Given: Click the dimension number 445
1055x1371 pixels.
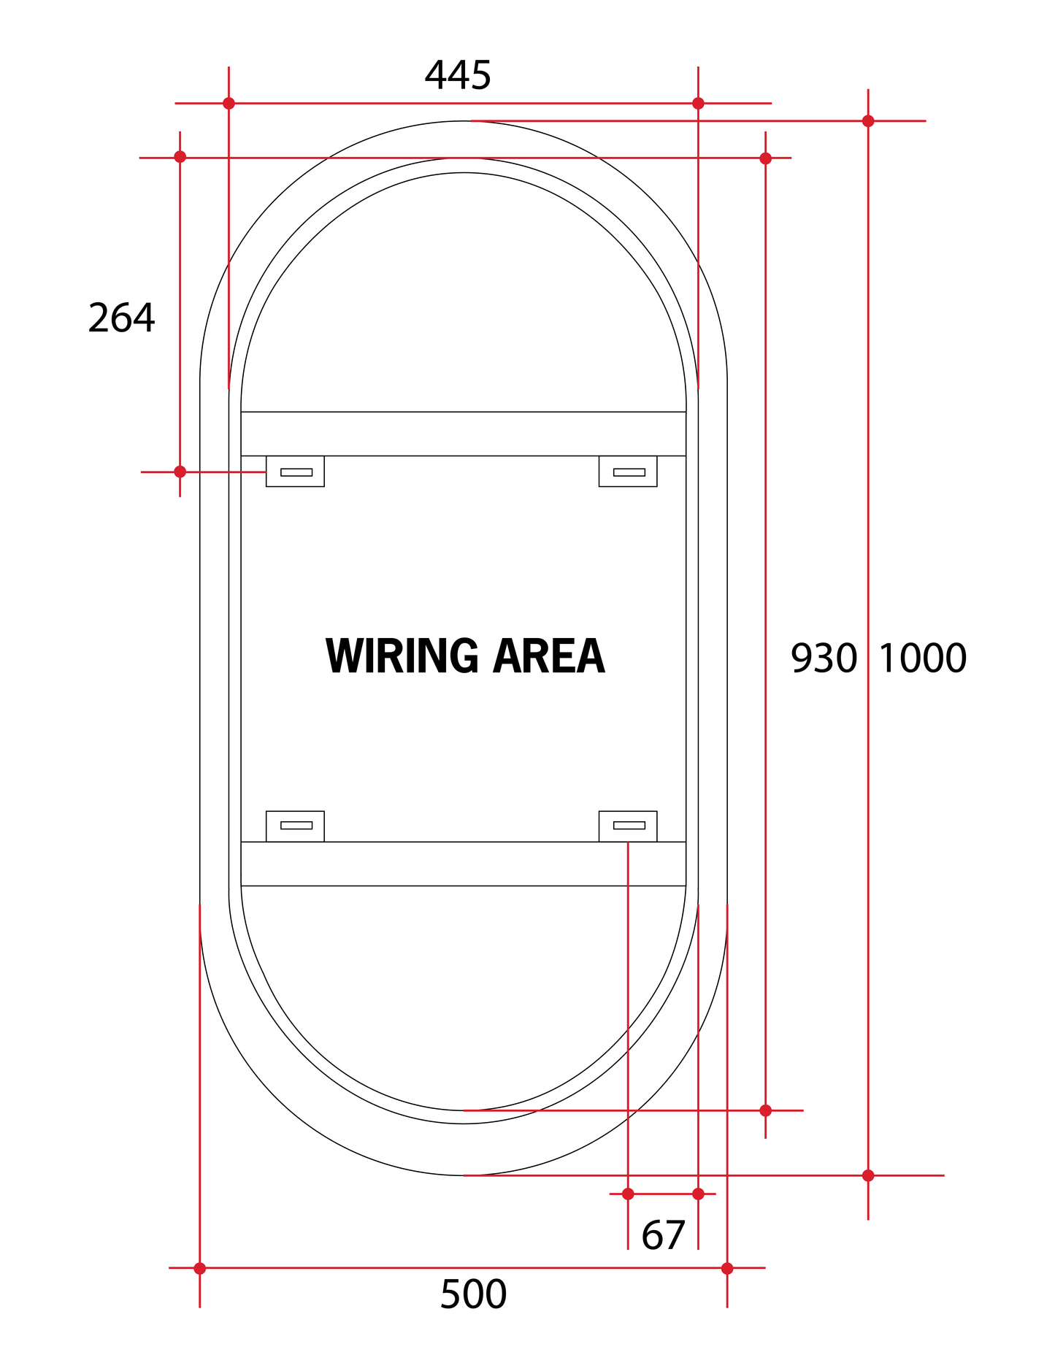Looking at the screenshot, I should click(458, 75).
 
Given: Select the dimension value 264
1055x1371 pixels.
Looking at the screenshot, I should click(121, 318).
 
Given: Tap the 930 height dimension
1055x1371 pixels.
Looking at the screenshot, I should click(824, 658).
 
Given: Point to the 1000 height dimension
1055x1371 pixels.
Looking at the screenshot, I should click(922, 658).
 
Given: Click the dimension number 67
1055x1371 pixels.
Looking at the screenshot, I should click(663, 1236).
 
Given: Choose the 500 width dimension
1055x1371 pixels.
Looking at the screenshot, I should click(473, 1294).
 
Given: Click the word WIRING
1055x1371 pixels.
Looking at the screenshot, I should click(402, 656).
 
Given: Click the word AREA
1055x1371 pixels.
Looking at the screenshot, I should click(549, 656).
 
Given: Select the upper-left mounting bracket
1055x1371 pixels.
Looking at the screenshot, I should click(295, 472).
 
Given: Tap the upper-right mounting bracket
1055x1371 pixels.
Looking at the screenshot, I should click(628, 472).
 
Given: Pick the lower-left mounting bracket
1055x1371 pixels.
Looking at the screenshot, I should click(295, 826).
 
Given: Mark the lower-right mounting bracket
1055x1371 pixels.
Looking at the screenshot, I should click(628, 826).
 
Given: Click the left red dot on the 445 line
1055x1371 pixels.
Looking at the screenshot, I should click(229, 103).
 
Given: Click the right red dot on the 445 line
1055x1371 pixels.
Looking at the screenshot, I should click(698, 103).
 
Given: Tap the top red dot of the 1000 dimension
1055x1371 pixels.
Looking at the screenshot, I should click(868, 121).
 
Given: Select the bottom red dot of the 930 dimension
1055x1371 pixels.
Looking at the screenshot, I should click(765, 1110).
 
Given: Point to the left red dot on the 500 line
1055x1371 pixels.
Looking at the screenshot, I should click(199, 1268).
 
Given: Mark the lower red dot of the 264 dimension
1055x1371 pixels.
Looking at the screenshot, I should click(180, 472).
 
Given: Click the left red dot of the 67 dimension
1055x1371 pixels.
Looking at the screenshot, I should click(628, 1194).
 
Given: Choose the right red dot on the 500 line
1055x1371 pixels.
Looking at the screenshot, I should click(727, 1268).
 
